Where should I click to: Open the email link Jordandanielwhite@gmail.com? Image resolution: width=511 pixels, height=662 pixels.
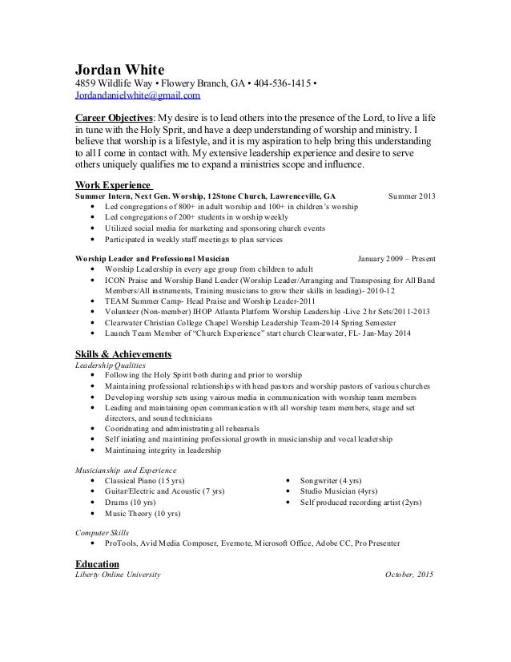pos(137,96)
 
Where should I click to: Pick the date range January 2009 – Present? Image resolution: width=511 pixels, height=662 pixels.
pos(396,259)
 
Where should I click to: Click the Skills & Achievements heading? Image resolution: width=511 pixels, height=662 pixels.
pos(123,353)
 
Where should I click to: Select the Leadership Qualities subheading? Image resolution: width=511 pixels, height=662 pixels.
pos(111,365)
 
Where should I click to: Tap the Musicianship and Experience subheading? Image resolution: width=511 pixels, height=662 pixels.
pos(126,469)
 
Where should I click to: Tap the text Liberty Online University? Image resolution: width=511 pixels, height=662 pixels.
pos(118,575)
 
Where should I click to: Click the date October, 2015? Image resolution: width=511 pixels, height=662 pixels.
pos(409,575)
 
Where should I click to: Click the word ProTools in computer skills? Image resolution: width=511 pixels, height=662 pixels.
pos(120,543)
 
